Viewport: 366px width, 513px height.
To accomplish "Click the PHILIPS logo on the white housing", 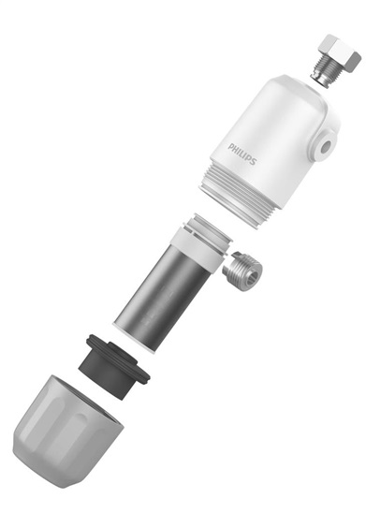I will [242, 153].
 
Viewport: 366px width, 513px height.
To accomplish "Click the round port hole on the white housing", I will [324, 147].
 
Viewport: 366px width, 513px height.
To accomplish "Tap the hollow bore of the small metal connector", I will [254, 273].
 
